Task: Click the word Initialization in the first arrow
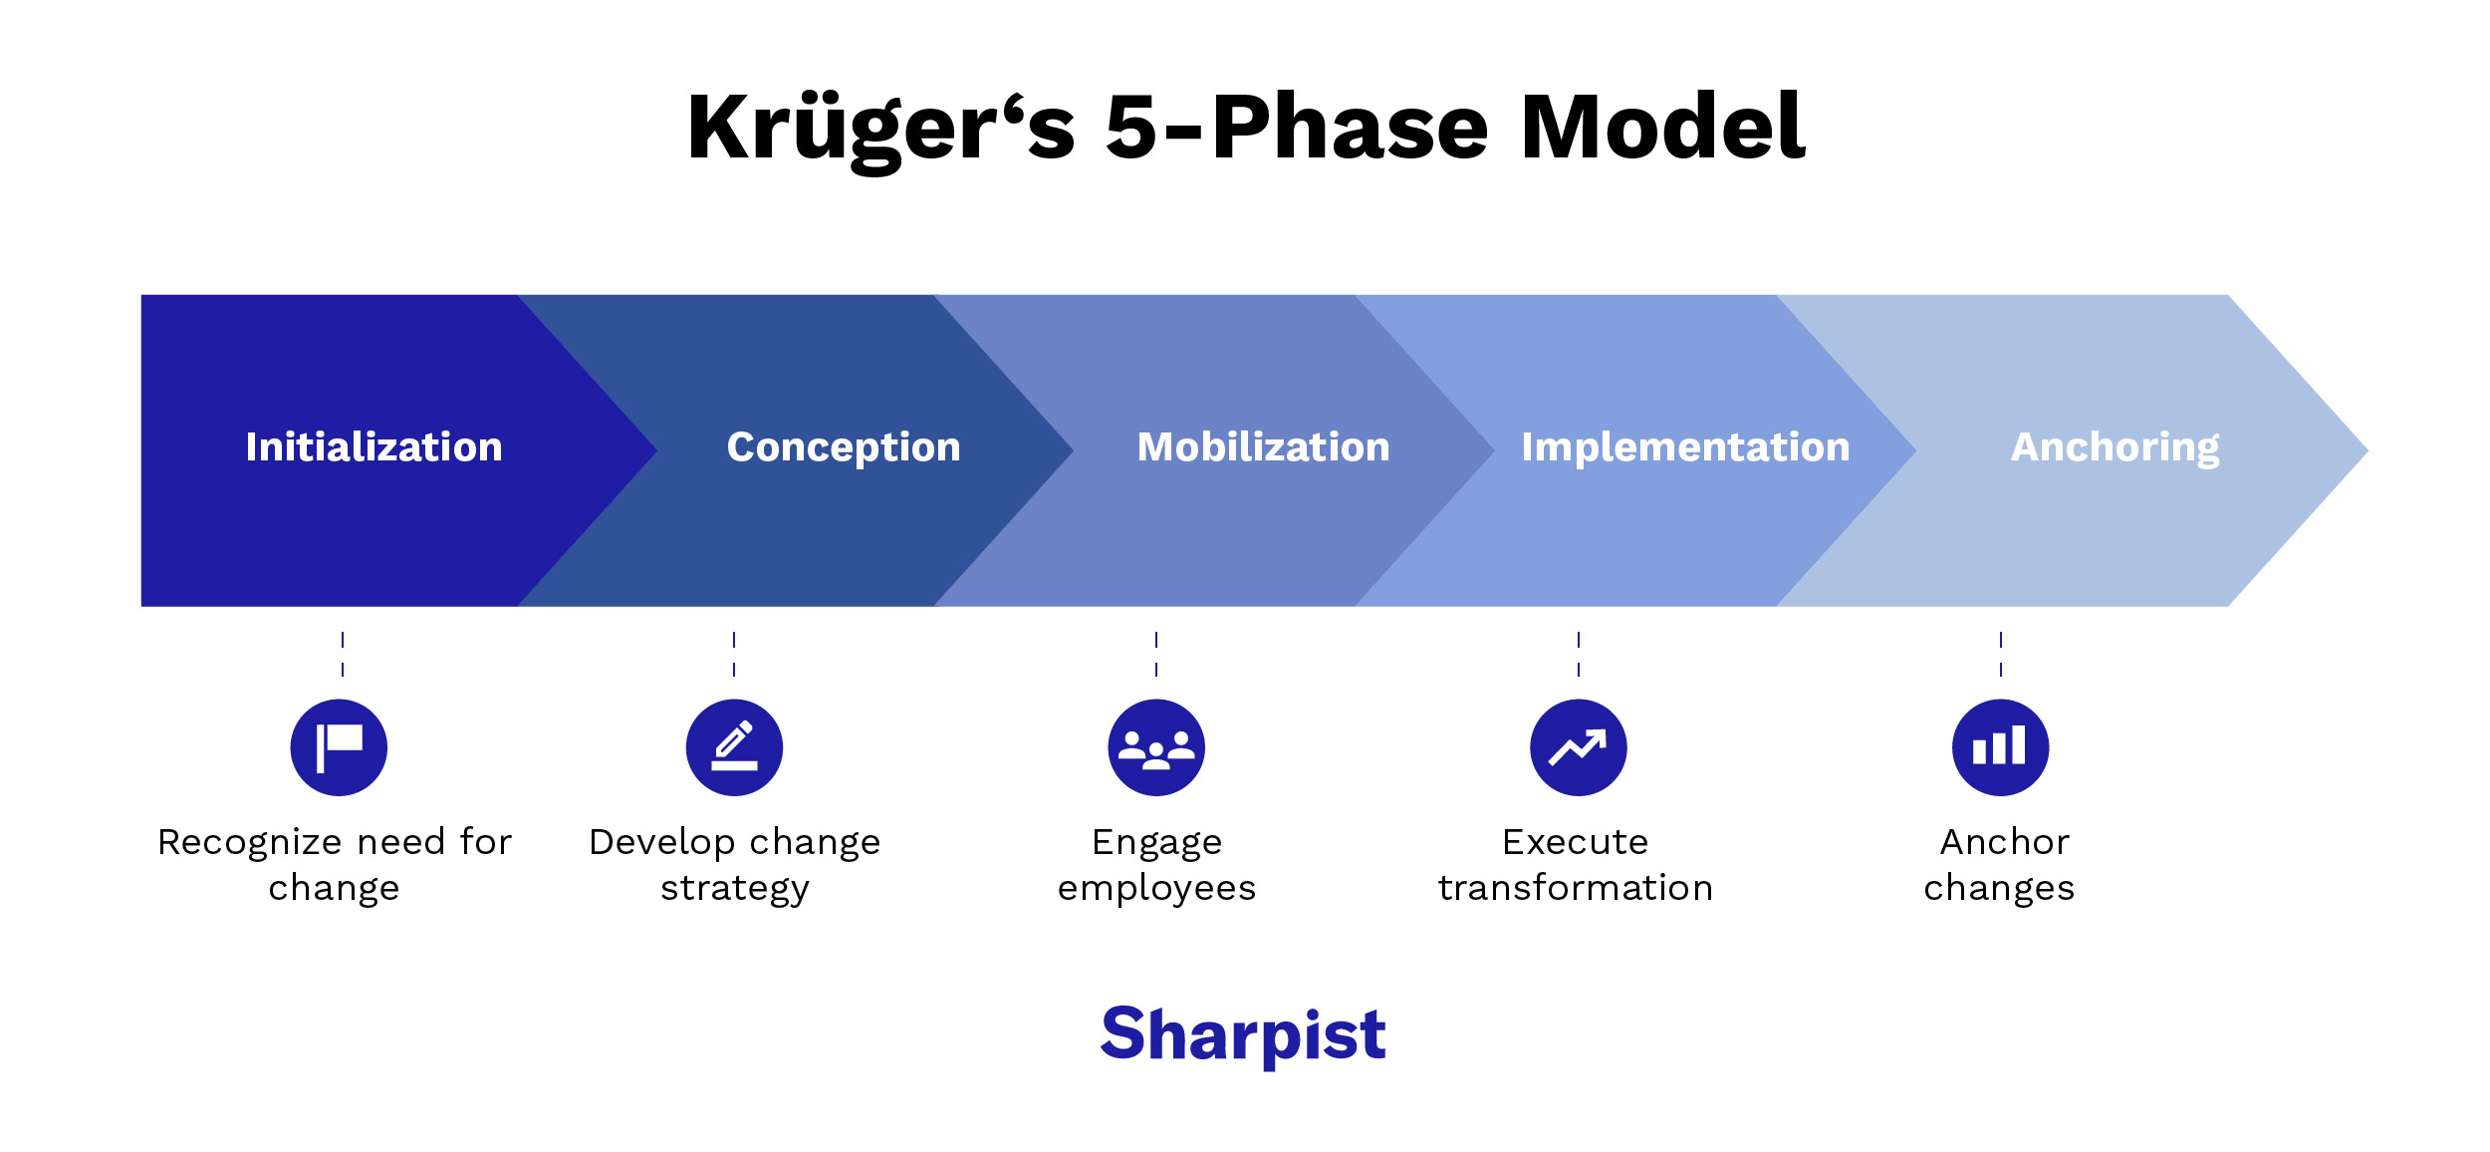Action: pyautogui.click(x=373, y=447)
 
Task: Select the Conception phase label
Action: pyautogui.click(x=844, y=447)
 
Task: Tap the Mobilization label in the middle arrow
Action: pyautogui.click(x=1263, y=447)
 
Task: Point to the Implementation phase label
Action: pyautogui.click(x=1685, y=447)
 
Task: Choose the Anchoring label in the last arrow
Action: pyautogui.click(x=2115, y=447)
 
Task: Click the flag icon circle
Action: pyautogui.click(x=339, y=747)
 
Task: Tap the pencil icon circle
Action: pyautogui.click(x=734, y=747)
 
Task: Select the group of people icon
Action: pyautogui.click(x=1156, y=747)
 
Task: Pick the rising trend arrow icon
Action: pyautogui.click(x=1579, y=747)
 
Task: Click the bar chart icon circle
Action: pyautogui.click(x=2000, y=747)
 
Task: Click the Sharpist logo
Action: pyautogui.click(x=1243, y=1034)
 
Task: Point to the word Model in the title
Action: pyautogui.click(x=1662, y=128)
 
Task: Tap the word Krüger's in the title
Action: pyautogui.click(x=881, y=128)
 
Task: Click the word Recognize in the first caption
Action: pyautogui.click(x=250, y=843)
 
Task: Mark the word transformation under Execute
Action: pyautogui.click(x=1576, y=888)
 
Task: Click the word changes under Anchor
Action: pyautogui.click(x=1999, y=888)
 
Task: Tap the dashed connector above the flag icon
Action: pyautogui.click(x=343, y=655)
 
